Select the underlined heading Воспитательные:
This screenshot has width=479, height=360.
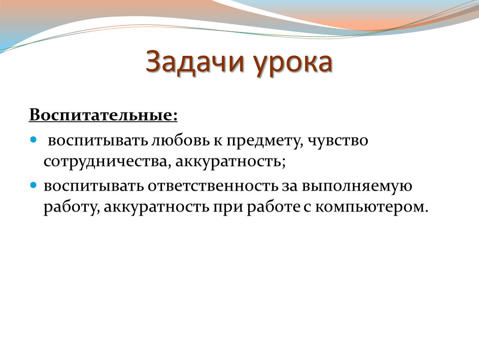click(103, 115)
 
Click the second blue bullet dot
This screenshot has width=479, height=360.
click(33, 185)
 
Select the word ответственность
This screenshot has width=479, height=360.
click(213, 186)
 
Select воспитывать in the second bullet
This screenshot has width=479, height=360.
click(94, 186)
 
